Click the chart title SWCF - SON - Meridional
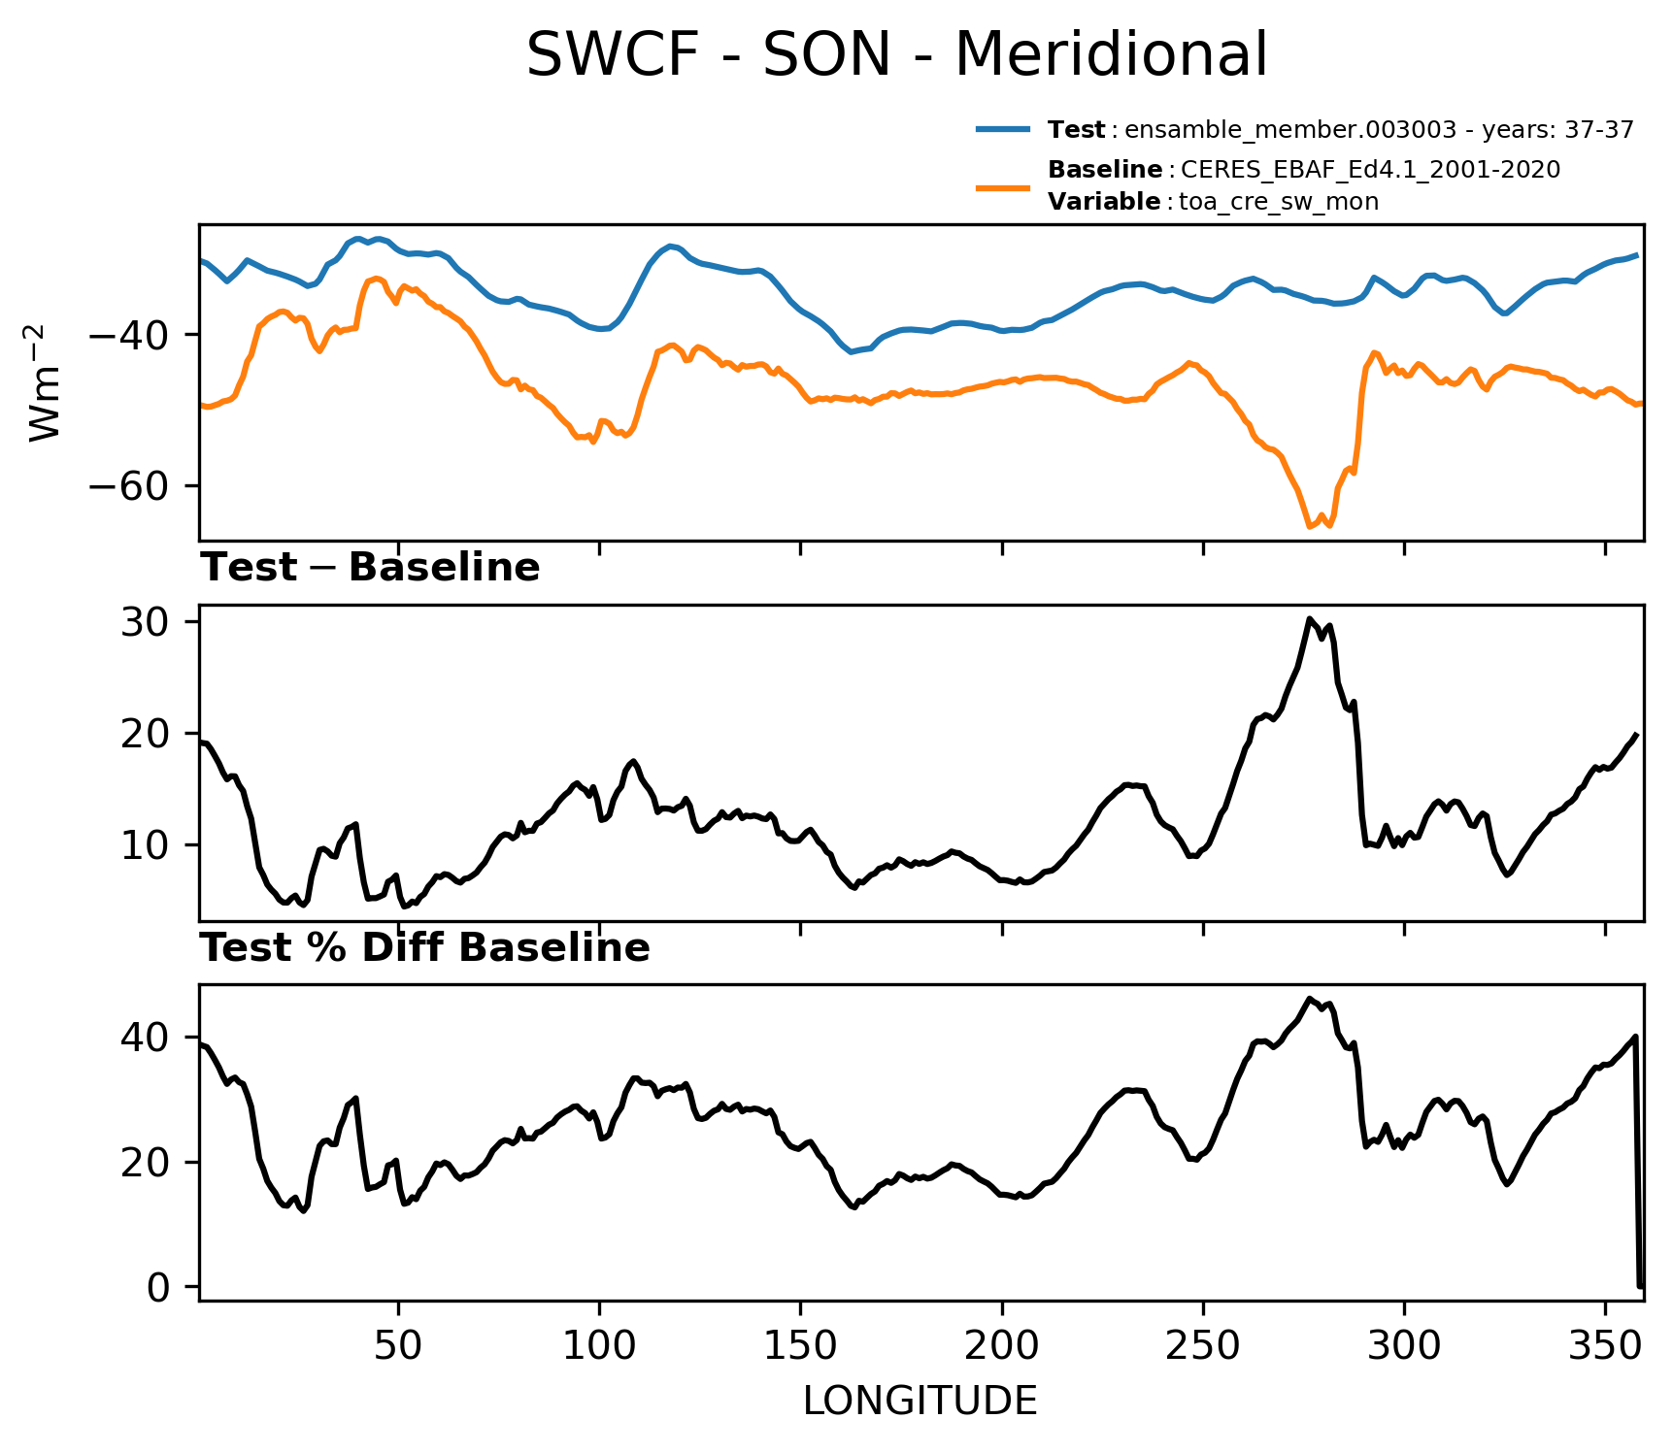click(896, 54)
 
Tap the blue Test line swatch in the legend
click(1003, 129)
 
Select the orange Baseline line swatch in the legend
click(1003, 186)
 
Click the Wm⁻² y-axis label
click(46, 382)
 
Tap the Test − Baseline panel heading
click(370, 568)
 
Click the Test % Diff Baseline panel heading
click(425, 948)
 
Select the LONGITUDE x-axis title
click(920, 1402)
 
